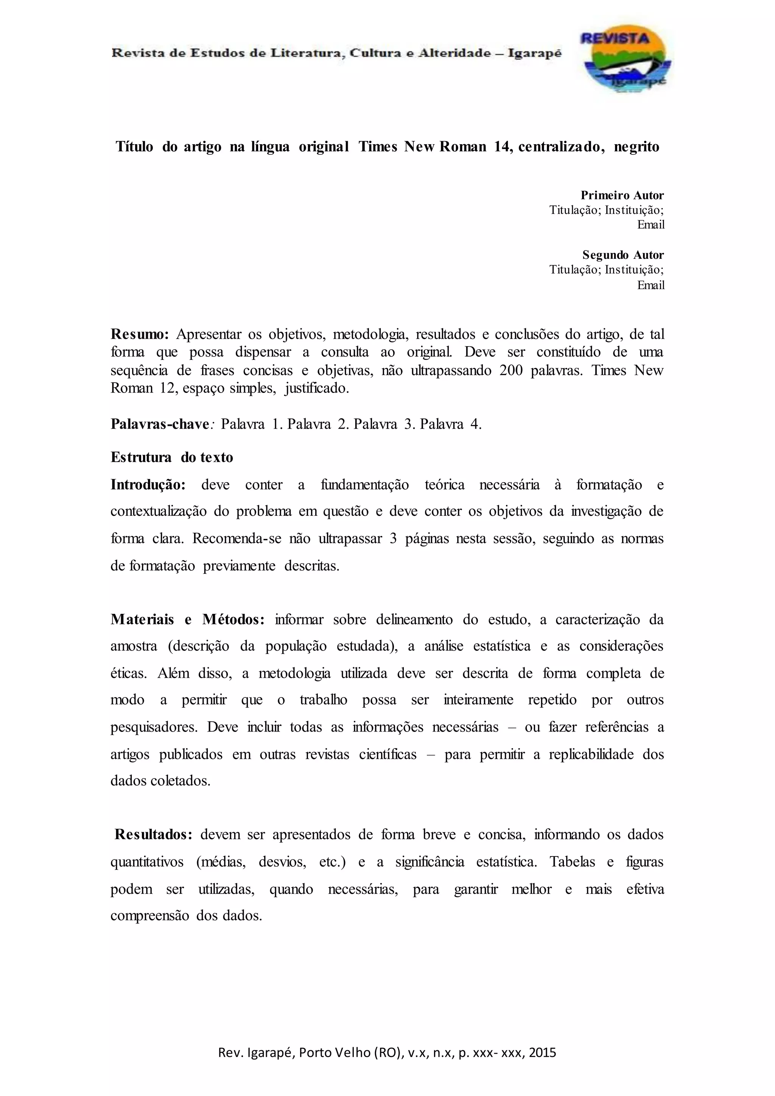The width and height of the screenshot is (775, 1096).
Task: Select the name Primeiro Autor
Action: click(622, 195)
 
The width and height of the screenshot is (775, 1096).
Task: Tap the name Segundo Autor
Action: click(623, 255)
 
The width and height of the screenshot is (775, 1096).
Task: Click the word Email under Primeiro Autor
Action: click(651, 225)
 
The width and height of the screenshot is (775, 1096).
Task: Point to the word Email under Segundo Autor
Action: click(651, 285)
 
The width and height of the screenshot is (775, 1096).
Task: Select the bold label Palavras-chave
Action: click(160, 424)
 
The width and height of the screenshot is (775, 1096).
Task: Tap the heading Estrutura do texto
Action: click(172, 457)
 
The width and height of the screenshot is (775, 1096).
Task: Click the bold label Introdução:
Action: click(148, 485)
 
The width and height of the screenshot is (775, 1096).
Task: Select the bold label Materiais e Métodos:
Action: click(188, 620)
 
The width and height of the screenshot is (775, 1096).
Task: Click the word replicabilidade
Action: click(591, 754)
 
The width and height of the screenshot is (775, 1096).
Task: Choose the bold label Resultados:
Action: click(153, 834)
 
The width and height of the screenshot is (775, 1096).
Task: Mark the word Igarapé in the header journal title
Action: click(534, 53)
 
